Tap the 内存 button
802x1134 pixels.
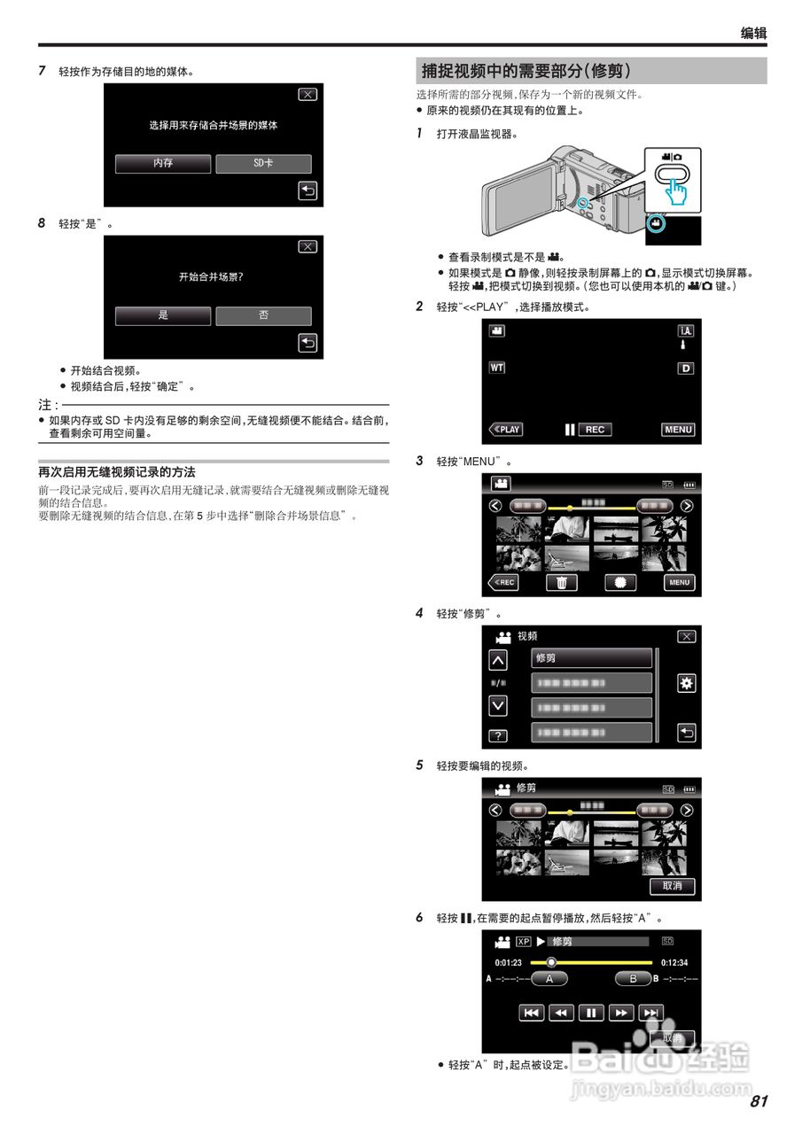[x=163, y=164]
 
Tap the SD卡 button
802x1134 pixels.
[x=263, y=164]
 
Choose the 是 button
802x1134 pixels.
[x=163, y=315]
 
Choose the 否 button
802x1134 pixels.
[x=263, y=315]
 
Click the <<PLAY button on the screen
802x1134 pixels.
[x=506, y=430]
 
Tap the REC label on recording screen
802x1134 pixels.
[x=595, y=430]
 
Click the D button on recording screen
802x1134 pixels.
[x=685, y=368]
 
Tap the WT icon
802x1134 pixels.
[x=496, y=368]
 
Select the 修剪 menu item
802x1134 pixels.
[x=591, y=658]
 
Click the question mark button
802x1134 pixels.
[x=498, y=736]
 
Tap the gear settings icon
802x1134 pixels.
[x=686, y=683]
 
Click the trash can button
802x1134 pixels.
[x=561, y=582]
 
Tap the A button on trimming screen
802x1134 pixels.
[x=549, y=979]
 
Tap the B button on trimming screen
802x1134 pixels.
[x=633, y=979]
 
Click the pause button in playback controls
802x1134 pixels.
[x=591, y=1013]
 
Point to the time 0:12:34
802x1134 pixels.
[x=674, y=962]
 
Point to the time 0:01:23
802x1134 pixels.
[x=508, y=962]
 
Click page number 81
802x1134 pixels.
[x=758, y=1101]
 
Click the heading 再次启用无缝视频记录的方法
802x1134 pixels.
[x=117, y=472]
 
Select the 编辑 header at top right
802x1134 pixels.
[x=753, y=34]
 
